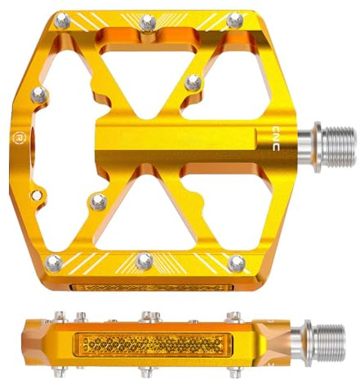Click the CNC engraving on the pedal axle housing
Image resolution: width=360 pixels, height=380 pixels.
(x=276, y=139)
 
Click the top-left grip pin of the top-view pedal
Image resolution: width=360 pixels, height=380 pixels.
(x=62, y=20)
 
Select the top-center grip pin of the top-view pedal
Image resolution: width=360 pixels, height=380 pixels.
(x=148, y=23)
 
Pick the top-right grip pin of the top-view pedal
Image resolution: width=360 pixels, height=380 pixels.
(x=235, y=20)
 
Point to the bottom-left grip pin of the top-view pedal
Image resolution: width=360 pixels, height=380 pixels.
(x=54, y=263)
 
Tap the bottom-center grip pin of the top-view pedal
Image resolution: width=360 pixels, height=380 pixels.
(x=144, y=261)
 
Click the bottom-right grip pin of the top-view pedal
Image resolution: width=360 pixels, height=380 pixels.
(x=237, y=263)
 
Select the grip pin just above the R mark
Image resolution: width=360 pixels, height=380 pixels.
(x=39, y=95)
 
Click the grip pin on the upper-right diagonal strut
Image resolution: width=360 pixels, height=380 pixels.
(x=193, y=82)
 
